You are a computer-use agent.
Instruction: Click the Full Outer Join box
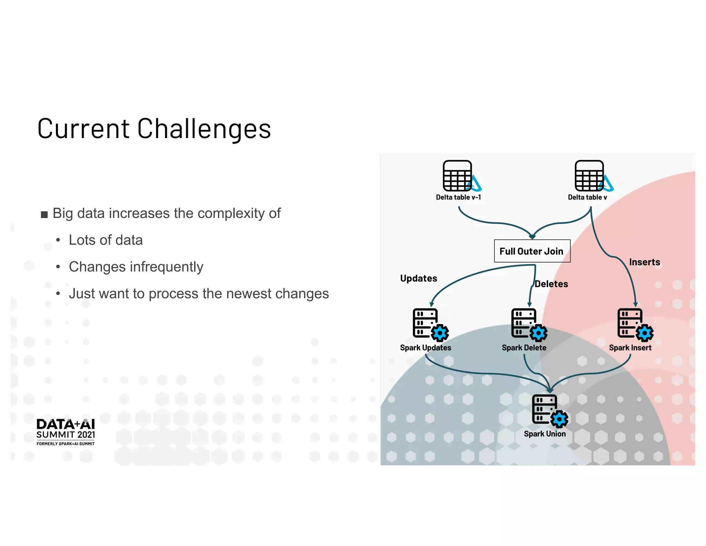[x=532, y=251]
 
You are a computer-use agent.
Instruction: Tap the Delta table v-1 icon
[x=459, y=176]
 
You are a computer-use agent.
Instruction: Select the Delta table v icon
[x=591, y=176]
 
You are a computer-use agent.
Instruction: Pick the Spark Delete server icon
[x=527, y=324]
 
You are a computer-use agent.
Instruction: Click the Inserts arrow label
[x=644, y=262]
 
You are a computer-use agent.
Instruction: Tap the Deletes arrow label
[x=551, y=284]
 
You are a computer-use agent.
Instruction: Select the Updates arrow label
[x=418, y=278]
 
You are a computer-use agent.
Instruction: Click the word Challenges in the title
[x=204, y=129]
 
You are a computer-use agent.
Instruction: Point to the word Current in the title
[x=83, y=129]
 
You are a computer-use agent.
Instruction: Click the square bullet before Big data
[x=44, y=215]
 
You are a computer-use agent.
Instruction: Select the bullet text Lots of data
[x=105, y=240]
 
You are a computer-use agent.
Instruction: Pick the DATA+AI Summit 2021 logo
[x=65, y=432]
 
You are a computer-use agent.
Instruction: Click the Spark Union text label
[x=545, y=434]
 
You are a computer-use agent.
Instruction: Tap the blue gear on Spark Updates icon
[x=440, y=333]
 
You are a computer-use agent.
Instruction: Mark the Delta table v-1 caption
[x=458, y=197]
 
